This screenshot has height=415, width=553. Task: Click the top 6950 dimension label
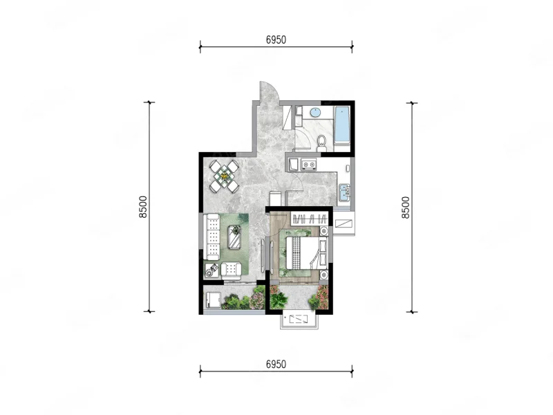276,40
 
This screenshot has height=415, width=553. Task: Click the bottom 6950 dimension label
276,365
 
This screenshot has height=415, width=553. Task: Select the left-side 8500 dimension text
143,207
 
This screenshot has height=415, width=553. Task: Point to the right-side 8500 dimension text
406,207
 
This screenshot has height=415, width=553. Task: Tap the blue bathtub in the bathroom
341,124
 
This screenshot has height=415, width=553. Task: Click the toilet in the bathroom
321,142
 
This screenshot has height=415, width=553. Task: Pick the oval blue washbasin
315,113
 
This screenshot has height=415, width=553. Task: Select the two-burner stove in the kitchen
309,164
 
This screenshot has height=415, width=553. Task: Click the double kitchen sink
344,192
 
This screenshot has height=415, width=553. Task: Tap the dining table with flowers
224,176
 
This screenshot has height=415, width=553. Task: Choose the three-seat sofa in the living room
212,236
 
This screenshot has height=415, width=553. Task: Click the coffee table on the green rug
234,237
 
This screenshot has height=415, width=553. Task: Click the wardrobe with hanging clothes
310,219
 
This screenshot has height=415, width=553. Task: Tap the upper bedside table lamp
324,231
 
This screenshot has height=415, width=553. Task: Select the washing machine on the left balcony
214,301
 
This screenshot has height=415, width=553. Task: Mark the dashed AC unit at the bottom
299,320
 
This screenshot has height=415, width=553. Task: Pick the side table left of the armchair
212,270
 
